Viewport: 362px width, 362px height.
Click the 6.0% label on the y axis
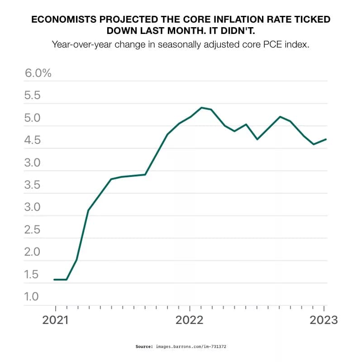(x=38, y=73)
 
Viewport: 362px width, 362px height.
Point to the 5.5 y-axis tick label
(x=33, y=96)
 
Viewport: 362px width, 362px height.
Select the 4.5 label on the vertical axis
(x=33, y=141)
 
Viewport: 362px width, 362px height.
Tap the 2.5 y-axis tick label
(x=33, y=230)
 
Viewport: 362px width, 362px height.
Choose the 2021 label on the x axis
(x=56, y=320)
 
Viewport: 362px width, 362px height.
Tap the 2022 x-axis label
(x=190, y=320)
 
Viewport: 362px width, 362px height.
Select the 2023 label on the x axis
(x=324, y=320)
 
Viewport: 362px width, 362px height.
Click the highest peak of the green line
(x=201, y=108)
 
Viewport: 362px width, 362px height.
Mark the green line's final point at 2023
(x=326, y=139)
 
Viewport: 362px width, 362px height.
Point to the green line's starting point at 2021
(x=54, y=280)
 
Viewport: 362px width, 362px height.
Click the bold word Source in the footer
(x=144, y=347)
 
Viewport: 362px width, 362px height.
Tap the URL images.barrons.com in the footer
(x=183, y=347)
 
